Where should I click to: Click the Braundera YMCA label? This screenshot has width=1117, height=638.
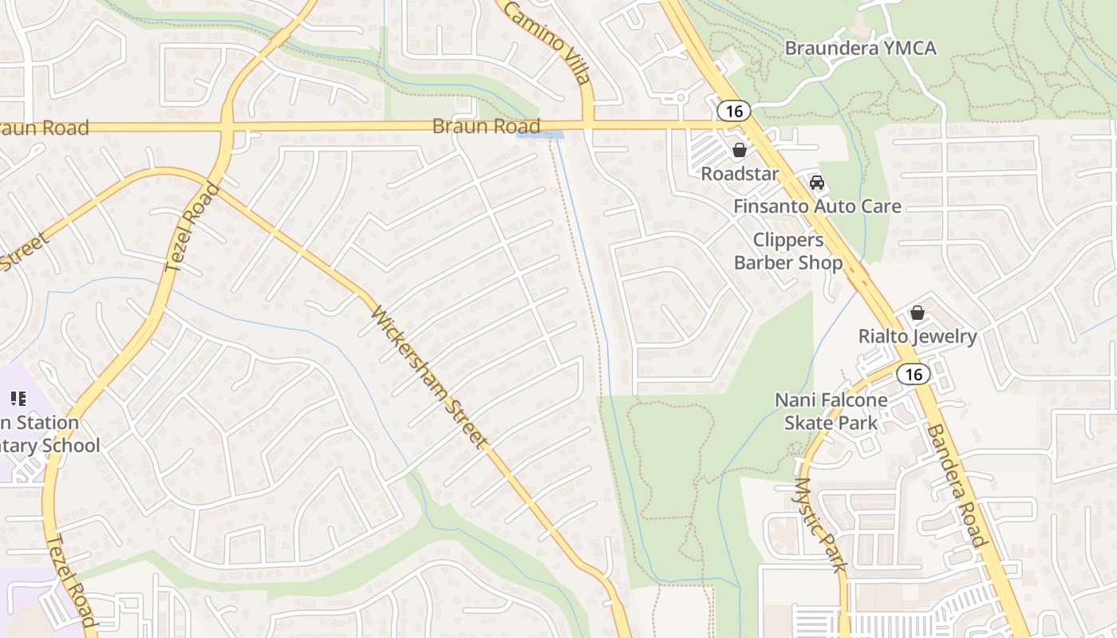860,48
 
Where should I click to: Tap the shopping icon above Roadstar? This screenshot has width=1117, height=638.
740,150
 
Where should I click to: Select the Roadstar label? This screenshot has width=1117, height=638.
740,174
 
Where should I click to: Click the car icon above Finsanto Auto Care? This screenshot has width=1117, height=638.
817,183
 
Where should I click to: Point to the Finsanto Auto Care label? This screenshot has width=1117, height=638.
817,207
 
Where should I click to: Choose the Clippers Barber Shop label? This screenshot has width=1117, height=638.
787,251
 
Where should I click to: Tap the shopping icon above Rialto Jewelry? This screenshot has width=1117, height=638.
918,313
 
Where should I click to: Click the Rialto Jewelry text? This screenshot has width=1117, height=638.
918,337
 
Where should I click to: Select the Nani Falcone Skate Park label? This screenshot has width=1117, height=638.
831,412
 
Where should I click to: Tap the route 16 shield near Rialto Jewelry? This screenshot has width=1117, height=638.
913,373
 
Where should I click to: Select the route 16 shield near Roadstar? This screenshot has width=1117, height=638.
734,111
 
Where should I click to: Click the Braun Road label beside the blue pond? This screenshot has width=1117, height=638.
486,126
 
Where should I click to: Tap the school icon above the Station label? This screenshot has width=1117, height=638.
18,398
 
